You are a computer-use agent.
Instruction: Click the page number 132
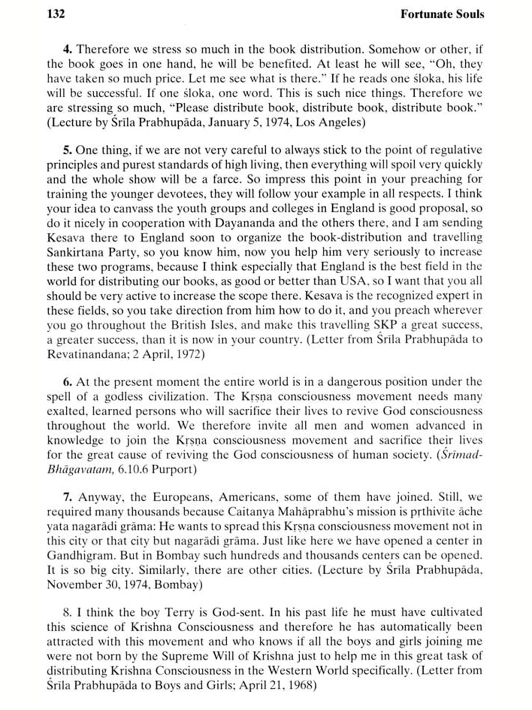tap(56, 14)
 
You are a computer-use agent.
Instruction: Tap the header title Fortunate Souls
tap(442, 14)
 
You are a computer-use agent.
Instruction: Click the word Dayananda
tap(245, 223)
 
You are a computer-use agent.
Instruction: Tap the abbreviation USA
tap(353, 281)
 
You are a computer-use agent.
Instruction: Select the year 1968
tap(300, 685)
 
